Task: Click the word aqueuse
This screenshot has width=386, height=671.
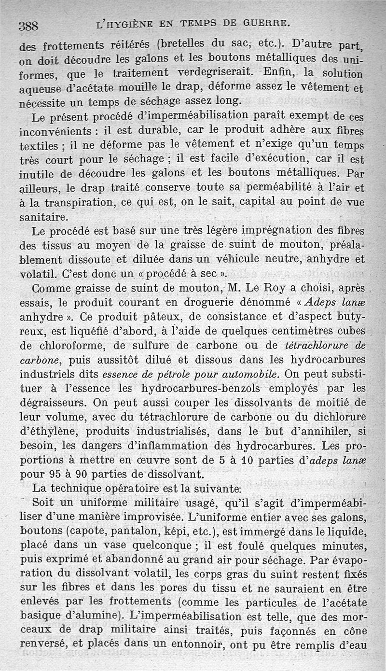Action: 39,90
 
